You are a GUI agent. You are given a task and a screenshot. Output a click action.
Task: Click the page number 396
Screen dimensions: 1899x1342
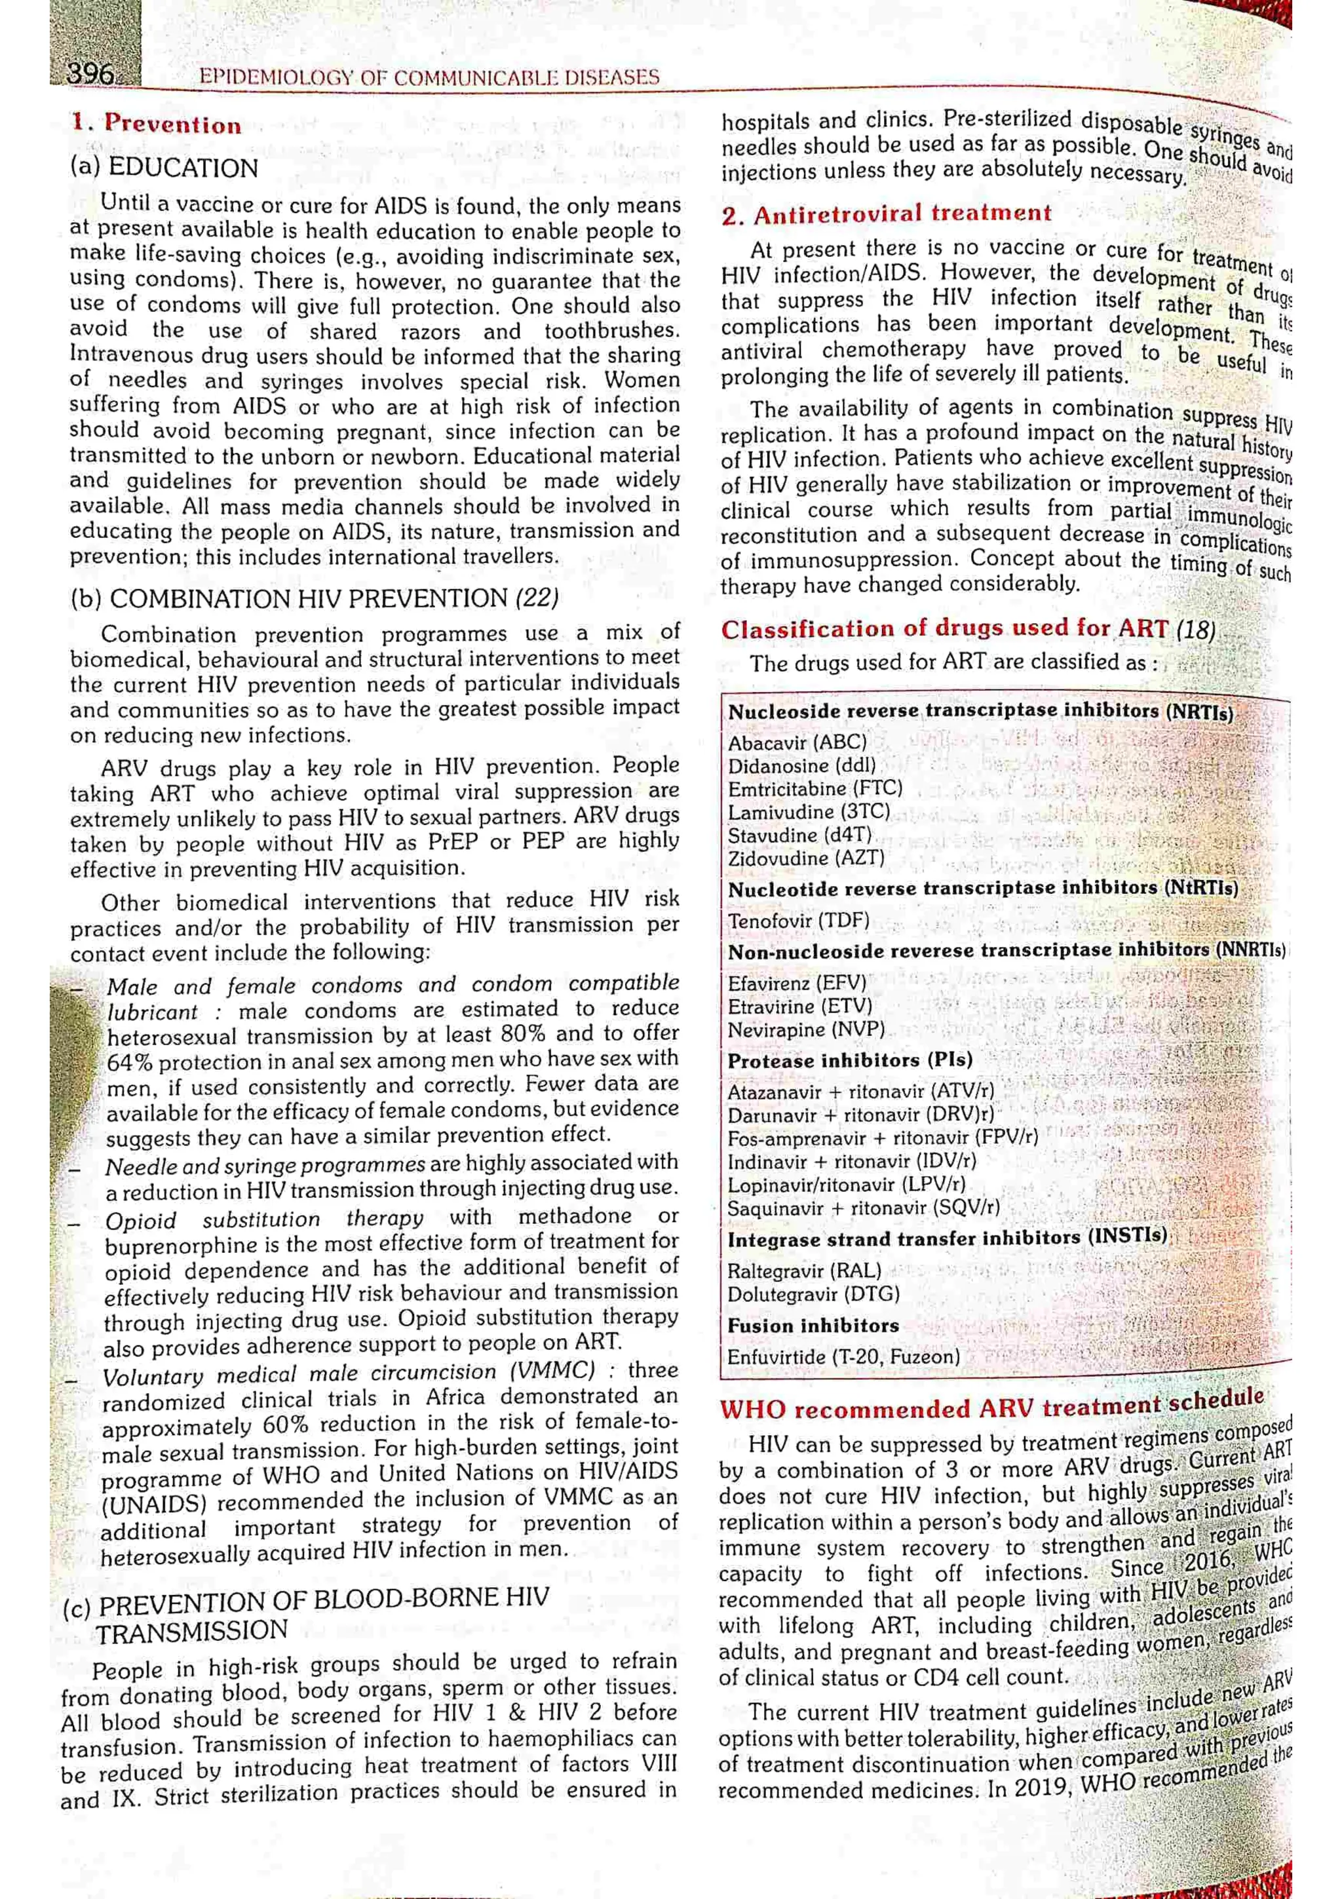pos(90,75)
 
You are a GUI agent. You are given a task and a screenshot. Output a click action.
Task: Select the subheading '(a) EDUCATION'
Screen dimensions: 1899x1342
pos(164,168)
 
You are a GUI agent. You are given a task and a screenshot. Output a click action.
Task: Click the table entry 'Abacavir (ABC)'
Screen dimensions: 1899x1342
pos(797,742)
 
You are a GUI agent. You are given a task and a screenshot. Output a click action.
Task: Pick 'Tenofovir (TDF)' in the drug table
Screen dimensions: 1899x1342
pos(798,921)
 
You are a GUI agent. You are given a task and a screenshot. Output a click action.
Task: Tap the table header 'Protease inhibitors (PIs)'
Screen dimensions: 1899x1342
pos(849,1061)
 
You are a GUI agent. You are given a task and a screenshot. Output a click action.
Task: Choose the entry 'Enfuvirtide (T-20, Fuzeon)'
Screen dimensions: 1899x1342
pos(843,1357)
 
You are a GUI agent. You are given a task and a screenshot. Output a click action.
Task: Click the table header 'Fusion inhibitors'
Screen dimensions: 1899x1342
pos(813,1326)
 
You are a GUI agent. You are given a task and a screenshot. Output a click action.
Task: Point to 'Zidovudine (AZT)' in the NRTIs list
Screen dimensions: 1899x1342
pos(806,858)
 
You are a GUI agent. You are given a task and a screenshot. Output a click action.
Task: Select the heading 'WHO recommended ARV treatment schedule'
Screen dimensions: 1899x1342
pos(991,1404)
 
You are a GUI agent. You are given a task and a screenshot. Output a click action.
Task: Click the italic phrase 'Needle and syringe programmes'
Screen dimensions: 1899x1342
pos(265,1166)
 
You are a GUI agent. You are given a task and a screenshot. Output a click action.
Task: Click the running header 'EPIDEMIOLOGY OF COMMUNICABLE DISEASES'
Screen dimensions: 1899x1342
pos(429,78)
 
